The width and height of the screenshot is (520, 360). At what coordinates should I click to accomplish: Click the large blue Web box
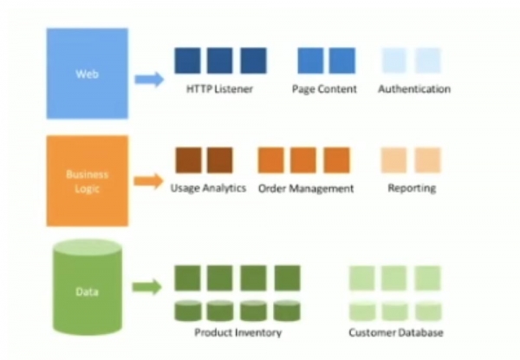pyautogui.click(x=86, y=75)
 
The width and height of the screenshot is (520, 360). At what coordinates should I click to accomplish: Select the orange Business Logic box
pyautogui.click(x=87, y=180)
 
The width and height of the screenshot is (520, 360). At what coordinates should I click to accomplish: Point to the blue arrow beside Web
pyautogui.click(x=149, y=80)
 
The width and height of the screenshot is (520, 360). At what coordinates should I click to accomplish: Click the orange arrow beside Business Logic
pyautogui.click(x=149, y=181)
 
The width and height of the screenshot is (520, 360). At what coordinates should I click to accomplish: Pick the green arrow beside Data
pyautogui.click(x=148, y=286)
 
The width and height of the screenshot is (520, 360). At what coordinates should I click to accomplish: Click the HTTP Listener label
pyautogui.click(x=219, y=89)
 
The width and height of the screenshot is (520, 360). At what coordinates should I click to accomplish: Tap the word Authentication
pyautogui.click(x=414, y=89)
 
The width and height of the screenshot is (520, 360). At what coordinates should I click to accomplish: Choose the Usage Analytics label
pyautogui.click(x=208, y=188)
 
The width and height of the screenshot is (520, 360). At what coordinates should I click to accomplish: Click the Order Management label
pyautogui.click(x=306, y=188)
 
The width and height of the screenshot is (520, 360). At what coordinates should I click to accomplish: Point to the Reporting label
pyautogui.click(x=412, y=188)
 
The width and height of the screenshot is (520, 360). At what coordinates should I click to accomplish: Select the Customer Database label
pyautogui.click(x=396, y=332)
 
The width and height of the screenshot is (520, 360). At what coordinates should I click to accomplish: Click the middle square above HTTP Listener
pyautogui.click(x=220, y=61)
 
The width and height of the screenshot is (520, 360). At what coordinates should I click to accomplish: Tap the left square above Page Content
pyautogui.click(x=310, y=61)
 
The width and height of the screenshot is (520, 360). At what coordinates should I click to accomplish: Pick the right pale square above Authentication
pyautogui.click(x=428, y=61)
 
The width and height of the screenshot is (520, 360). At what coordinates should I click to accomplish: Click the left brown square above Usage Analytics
pyautogui.click(x=188, y=160)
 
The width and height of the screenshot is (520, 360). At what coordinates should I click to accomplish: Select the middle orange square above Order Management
pyautogui.click(x=304, y=160)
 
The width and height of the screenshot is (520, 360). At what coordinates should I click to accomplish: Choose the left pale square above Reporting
pyautogui.click(x=394, y=160)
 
